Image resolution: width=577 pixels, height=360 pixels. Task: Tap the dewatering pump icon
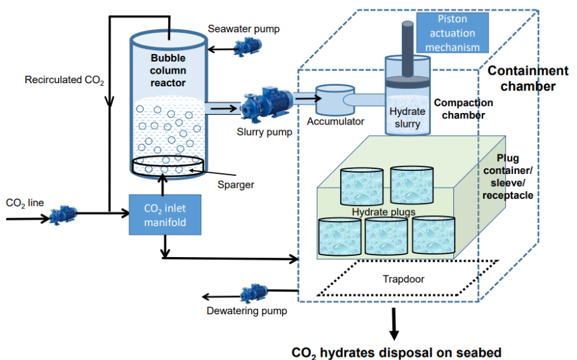point(254,294)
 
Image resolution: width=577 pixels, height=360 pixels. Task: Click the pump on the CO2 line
point(62,216)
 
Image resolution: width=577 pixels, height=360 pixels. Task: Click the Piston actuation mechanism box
point(452,32)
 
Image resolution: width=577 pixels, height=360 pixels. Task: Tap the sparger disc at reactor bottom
point(168,166)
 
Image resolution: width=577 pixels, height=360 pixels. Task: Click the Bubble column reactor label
point(168,70)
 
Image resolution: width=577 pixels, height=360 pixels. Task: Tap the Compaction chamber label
point(463,109)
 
